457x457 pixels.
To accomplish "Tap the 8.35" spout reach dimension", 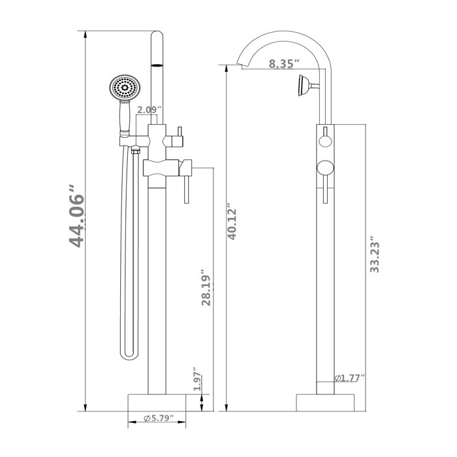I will [x=283, y=64].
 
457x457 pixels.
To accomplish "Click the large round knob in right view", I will [x=324, y=169].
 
